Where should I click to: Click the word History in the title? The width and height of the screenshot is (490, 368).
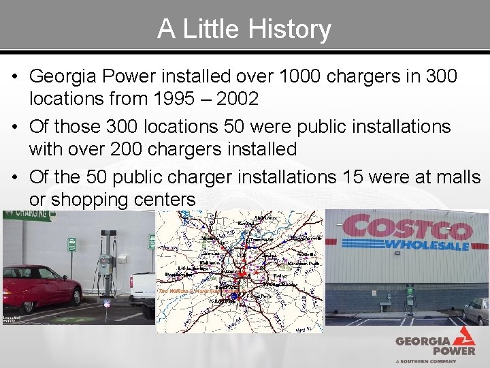(291, 29)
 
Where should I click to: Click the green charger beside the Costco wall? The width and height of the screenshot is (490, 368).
(410, 294)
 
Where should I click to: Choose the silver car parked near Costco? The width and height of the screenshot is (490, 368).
(476, 310)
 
